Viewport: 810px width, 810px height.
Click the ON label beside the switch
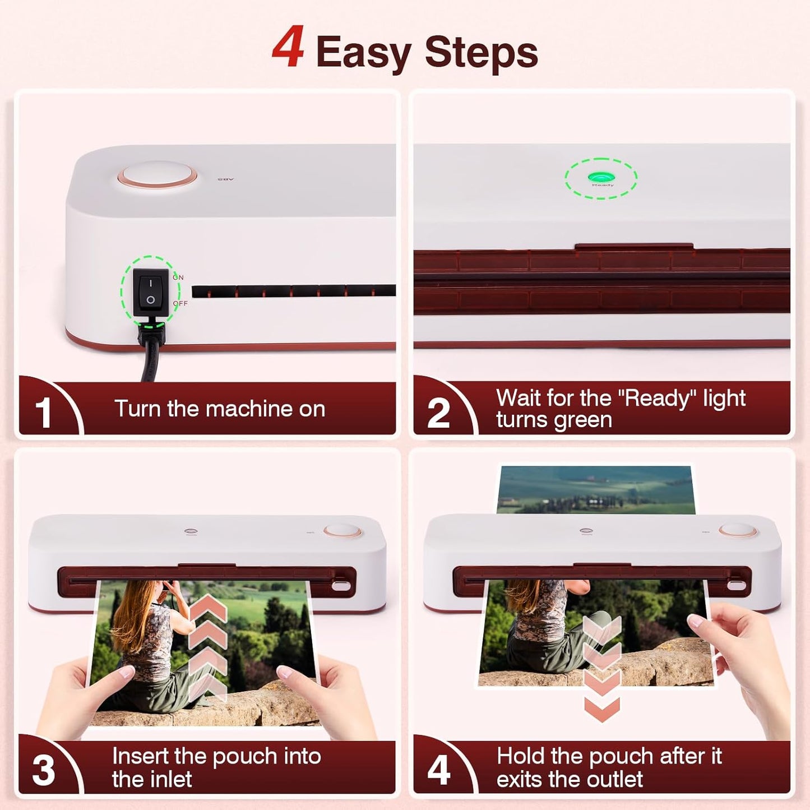point(178,277)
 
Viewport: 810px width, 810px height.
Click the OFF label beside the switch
point(180,303)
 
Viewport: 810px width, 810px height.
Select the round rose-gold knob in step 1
point(158,175)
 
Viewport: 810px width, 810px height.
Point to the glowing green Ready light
point(601,178)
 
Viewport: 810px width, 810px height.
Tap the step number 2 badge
point(438,413)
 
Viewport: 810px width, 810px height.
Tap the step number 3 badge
point(43,770)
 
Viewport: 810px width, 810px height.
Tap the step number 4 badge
point(438,770)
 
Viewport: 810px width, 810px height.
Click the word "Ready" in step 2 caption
point(657,398)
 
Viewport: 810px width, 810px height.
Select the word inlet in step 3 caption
point(169,779)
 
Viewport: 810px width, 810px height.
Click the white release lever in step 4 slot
point(735,586)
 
